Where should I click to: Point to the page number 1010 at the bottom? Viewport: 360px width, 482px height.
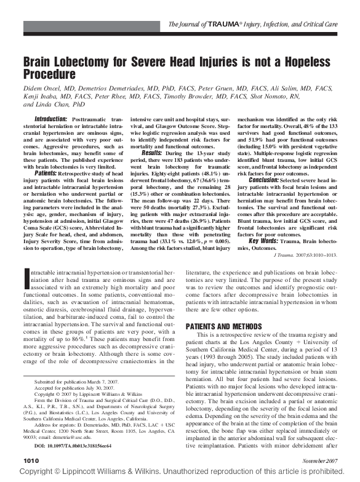(31, 460)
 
